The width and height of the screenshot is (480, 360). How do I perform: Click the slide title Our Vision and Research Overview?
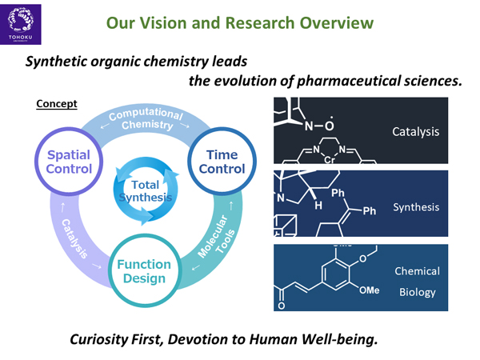point(239,21)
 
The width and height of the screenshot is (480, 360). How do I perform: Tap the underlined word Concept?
point(56,104)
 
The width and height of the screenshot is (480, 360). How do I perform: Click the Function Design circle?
point(144,271)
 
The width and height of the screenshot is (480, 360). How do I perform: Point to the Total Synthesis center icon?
point(145,190)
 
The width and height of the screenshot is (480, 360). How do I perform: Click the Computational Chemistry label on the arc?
point(145,118)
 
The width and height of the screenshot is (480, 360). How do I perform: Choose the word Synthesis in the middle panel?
point(416,207)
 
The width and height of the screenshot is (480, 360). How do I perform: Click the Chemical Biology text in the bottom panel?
point(417,282)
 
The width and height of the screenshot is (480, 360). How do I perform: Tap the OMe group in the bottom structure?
point(369,290)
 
